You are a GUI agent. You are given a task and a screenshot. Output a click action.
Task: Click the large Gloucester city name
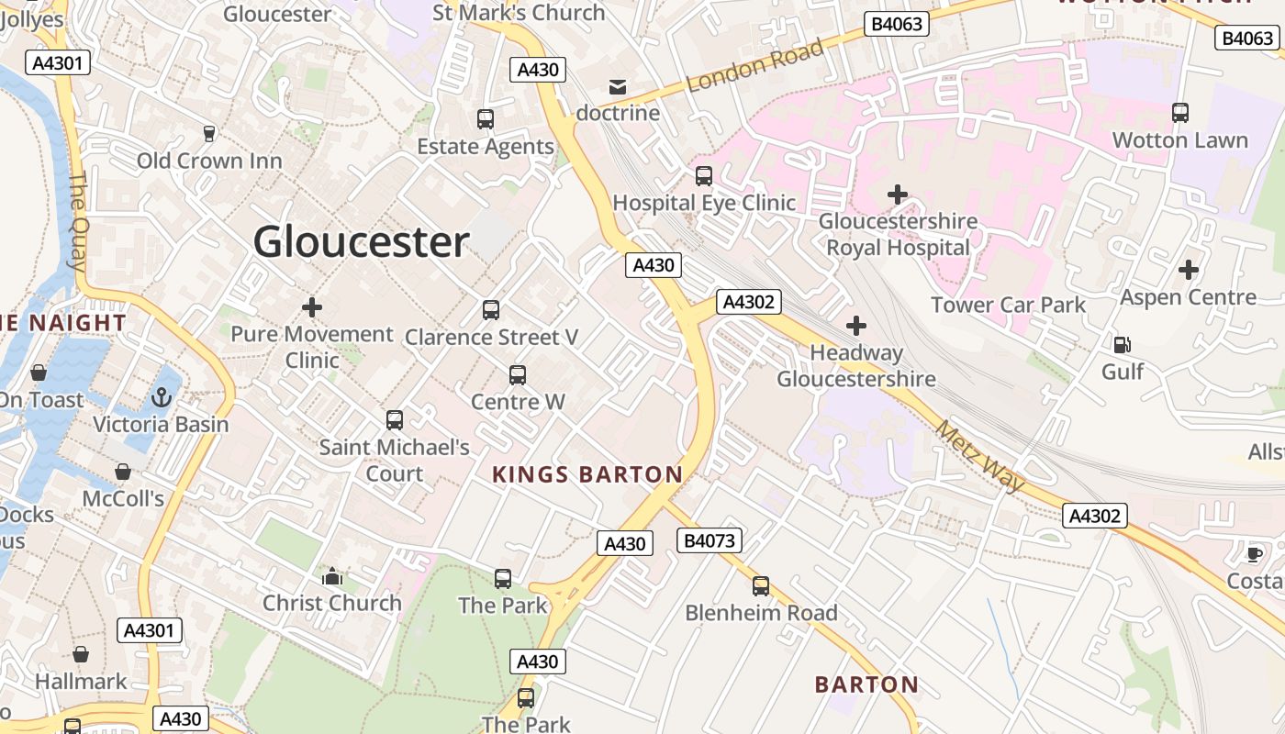[x=361, y=242]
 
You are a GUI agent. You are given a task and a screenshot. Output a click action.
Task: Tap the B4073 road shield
[x=710, y=540]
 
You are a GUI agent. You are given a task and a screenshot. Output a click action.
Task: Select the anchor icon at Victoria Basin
[x=162, y=398]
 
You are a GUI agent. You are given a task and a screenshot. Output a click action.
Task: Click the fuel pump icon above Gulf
[x=1122, y=345]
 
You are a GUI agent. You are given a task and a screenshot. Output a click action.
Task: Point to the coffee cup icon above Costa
[x=1254, y=553]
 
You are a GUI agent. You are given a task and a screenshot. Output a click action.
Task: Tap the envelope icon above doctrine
[x=618, y=87]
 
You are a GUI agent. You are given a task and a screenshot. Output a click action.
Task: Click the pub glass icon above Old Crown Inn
[x=209, y=134]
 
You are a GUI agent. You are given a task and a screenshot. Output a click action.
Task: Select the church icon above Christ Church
[x=332, y=576]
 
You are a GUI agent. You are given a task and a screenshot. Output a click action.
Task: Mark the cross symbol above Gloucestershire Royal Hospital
[x=898, y=195]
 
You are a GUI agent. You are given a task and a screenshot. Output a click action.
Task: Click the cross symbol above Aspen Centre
[x=1189, y=270]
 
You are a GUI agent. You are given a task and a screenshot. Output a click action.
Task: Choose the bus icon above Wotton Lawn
[x=1180, y=113]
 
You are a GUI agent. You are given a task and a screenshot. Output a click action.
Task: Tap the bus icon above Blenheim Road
[x=761, y=586]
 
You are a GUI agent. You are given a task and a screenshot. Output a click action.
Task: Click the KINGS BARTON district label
[x=587, y=474]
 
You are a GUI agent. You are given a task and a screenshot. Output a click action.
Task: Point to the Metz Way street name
[x=980, y=456]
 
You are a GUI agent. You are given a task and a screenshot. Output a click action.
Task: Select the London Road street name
[x=754, y=66]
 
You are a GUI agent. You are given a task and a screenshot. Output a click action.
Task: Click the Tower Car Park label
[x=1008, y=305]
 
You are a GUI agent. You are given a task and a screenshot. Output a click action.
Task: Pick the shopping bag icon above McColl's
[x=123, y=472]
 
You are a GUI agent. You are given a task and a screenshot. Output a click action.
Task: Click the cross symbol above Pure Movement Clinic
[x=312, y=307]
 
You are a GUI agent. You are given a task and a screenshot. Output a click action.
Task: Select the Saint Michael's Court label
[x=395, y=461]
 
